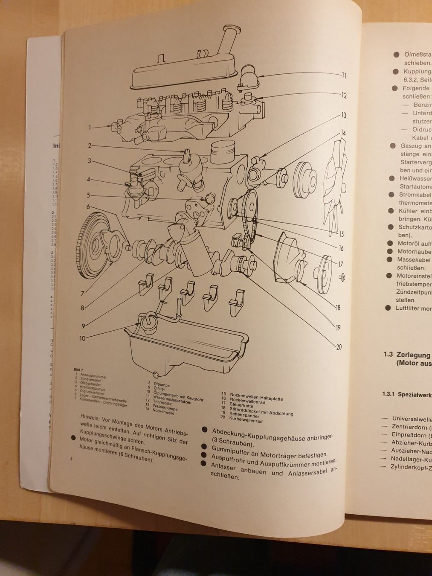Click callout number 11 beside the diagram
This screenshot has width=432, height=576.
pos(344,76)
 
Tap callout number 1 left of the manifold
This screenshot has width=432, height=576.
pos(90,127)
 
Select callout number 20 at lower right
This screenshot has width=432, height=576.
pos(339,346)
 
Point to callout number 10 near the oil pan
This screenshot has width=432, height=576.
pos(82,338)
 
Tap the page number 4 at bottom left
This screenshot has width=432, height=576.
pos(72,458)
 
